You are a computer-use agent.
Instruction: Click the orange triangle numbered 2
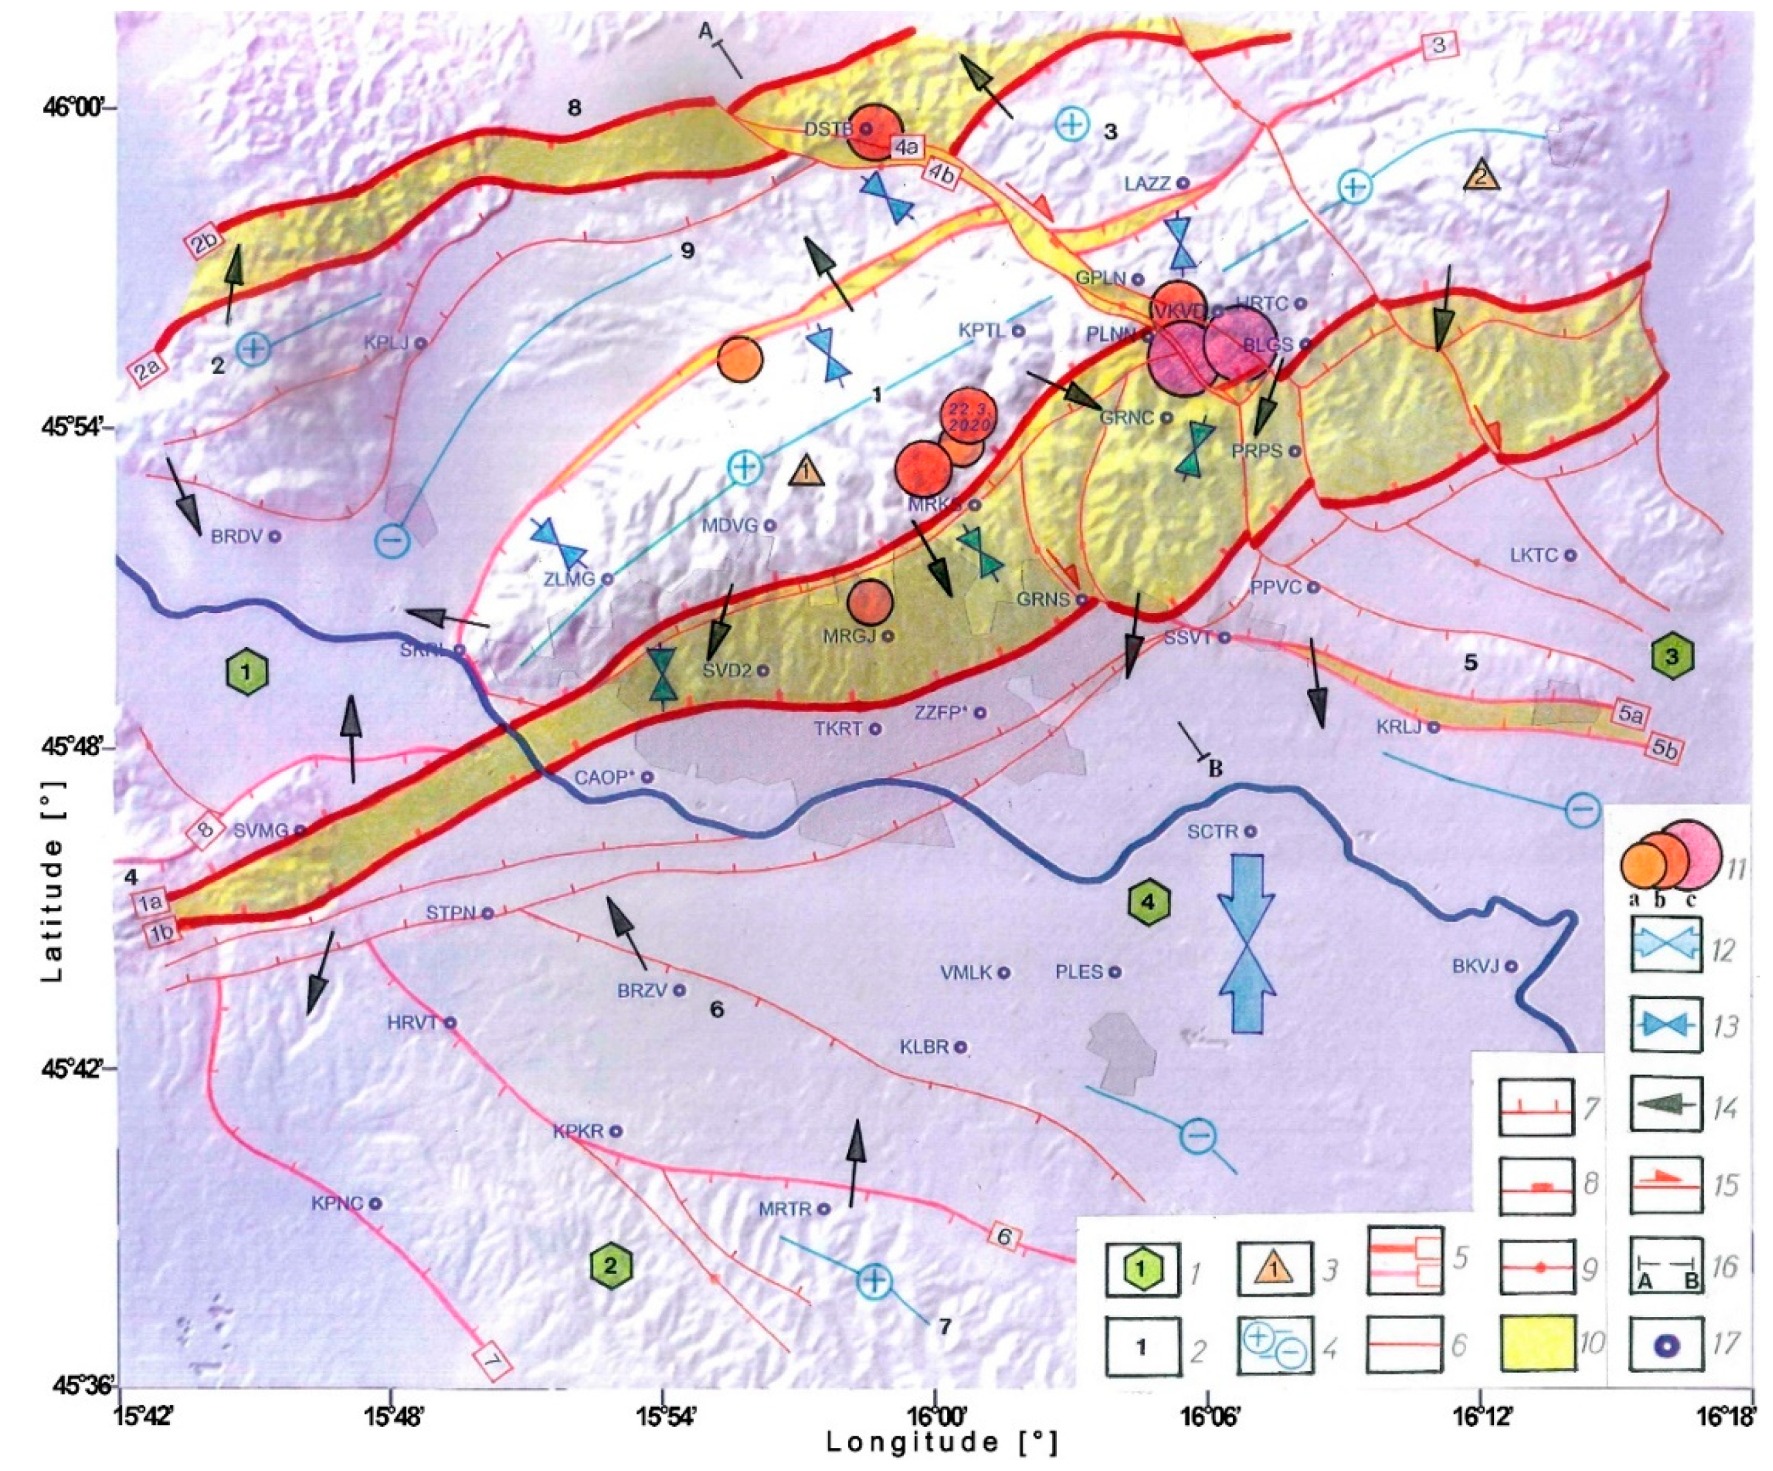(x=1482, y=176)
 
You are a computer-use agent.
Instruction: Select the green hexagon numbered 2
(x=611, y=1265)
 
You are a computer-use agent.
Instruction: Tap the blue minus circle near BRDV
(x=392, y=540)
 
